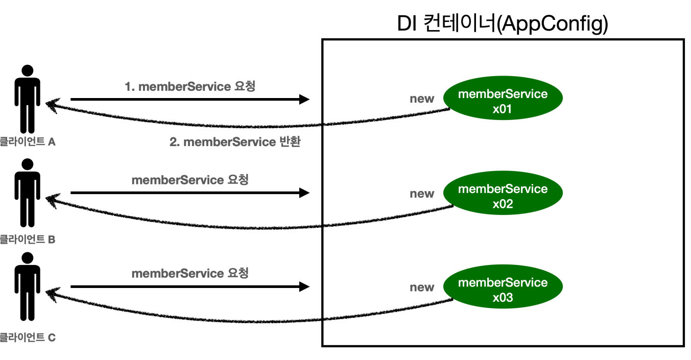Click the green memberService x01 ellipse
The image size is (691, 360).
point(503,98)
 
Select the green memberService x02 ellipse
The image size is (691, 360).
point(503,193)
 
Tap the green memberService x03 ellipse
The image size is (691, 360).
point(503,286)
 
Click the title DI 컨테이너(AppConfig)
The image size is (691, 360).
point(503,23)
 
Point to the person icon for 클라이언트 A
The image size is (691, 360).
point(28,99)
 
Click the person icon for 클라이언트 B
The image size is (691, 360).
point(28,193)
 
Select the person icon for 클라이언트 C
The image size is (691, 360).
point(28,286)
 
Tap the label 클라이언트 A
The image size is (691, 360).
point(28,141)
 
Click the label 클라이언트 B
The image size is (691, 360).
point(28,239)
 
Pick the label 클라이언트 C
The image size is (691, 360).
point(28,337)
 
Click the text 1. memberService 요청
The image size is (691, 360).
point(190,86)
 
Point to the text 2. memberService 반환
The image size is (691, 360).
point(235,142)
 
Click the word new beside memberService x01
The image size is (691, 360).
point(422,99)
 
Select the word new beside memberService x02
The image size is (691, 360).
point(422,194)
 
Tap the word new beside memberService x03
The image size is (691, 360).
point(422,287)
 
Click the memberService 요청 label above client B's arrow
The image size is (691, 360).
point(190,180)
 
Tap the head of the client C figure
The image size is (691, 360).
point(28,258)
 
